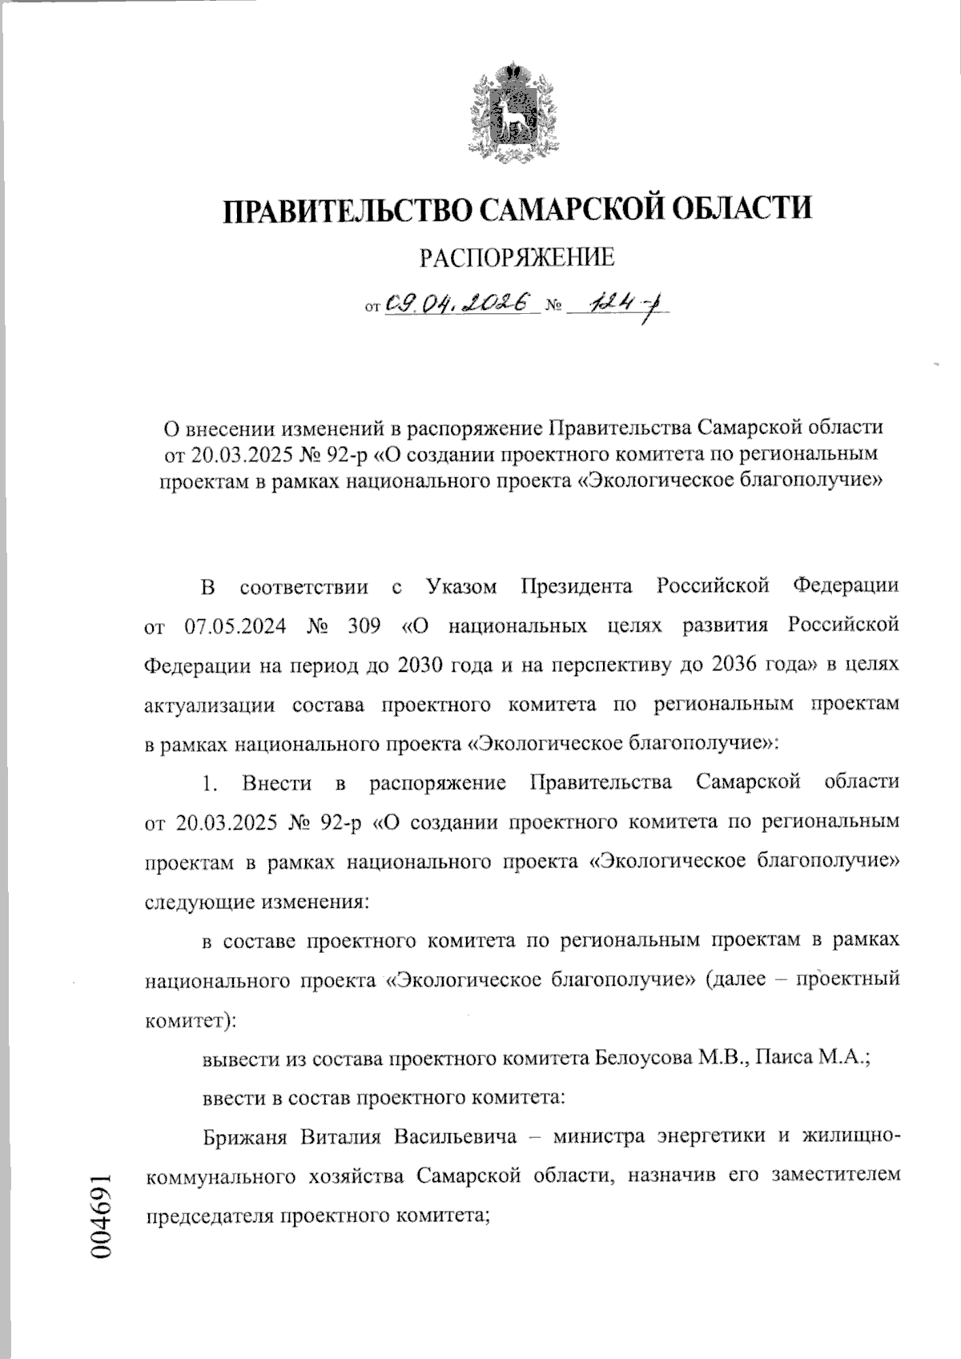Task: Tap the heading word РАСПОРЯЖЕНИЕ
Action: [x=517, y=257]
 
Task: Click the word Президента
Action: [x=576, y=586]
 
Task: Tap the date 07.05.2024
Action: [x=232, y=625]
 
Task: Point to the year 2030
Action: [x=424, y=665]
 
